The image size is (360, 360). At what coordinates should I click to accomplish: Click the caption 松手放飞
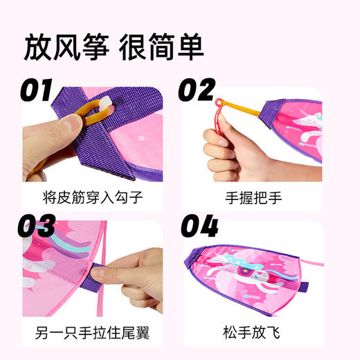tap(263, 331)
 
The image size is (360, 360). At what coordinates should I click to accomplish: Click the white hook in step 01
tap(105, 103)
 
